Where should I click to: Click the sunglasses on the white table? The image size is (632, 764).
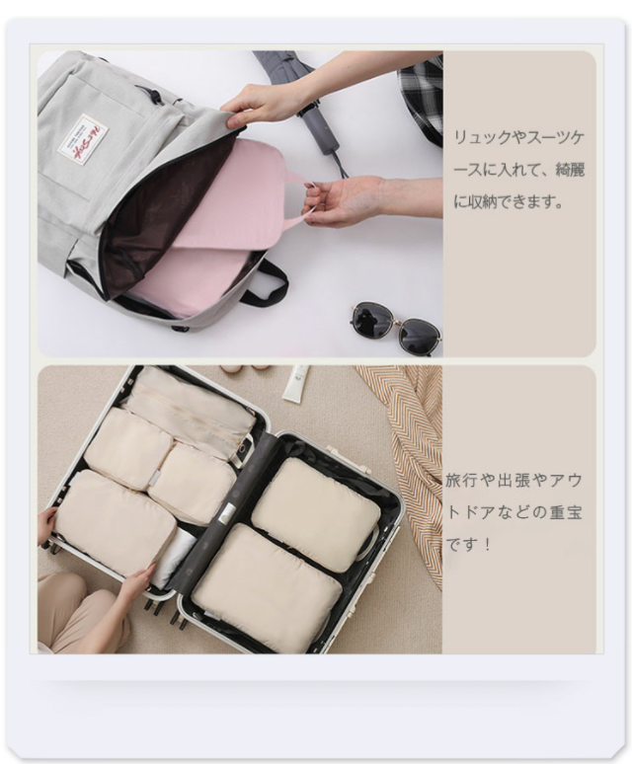click(396, 327)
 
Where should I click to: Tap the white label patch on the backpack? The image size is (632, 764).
click(76, 139)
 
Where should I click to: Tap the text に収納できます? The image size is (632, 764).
click(509, 201)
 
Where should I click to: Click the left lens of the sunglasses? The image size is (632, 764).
click(368, 318)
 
